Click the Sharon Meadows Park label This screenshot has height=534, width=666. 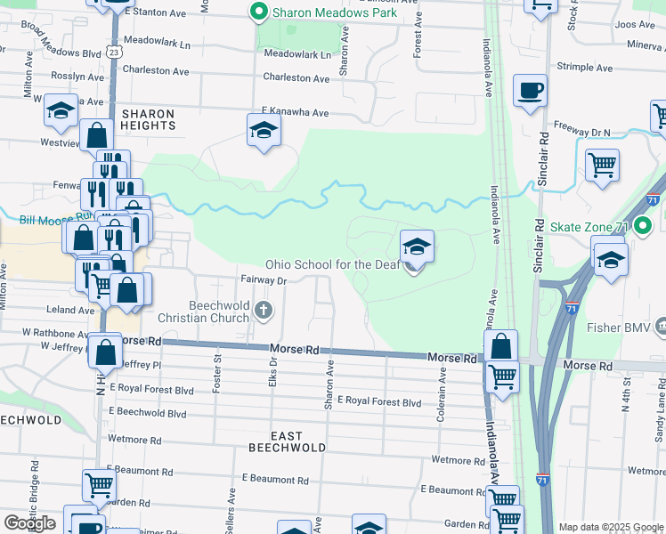[x=335, y=12]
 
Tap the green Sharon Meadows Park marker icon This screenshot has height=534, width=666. [x=259, y=12]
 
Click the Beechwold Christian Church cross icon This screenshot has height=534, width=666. [x=263, y=310]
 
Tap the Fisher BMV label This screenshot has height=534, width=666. [x=618, y=328]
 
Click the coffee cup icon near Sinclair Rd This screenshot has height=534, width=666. [x=530, y=91]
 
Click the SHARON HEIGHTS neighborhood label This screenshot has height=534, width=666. [x=149, y=119]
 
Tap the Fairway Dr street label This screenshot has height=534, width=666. [x=263, y=280]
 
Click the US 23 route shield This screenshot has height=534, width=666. [x=114, y=53]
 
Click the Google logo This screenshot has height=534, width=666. [x=29, y=523]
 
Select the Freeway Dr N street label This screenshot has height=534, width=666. [x=582, y=133]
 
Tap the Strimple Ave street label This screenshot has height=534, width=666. [x=584, y=67]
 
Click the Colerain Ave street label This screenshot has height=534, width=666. [x=442, y=389]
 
